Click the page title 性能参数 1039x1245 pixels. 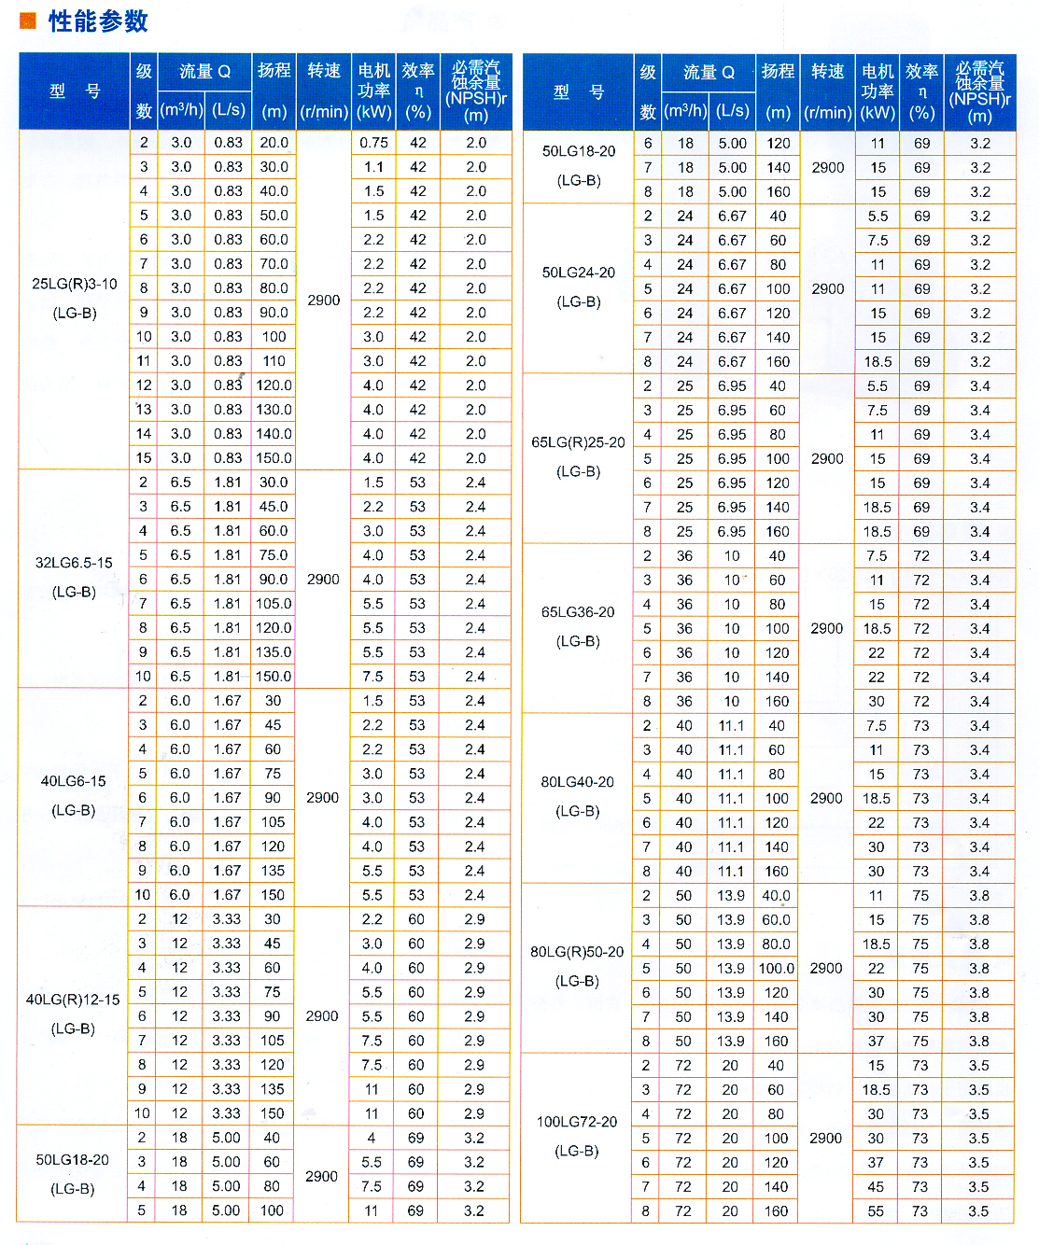point(98,21)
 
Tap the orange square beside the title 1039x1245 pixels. point(27,21)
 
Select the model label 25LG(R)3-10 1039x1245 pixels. point(75,284)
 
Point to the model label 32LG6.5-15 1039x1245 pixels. point(74,563)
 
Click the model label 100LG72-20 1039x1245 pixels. point(577,1122)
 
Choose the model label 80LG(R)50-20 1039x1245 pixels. point(577,952)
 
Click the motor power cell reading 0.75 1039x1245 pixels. point(373,143)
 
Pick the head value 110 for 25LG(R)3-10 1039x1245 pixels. point(274,361)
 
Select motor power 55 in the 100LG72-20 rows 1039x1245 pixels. point(876,1211)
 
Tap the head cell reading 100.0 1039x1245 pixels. point(777,969)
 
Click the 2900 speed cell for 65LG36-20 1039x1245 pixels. point(827,629)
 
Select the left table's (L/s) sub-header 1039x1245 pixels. point(228,110)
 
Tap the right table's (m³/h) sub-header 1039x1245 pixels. point(685,111)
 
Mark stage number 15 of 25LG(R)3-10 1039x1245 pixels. point(143,458)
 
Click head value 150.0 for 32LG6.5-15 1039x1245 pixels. point(274,677)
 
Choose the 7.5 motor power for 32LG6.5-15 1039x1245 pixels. point(372,677)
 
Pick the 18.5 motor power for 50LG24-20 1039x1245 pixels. point(878,362)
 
